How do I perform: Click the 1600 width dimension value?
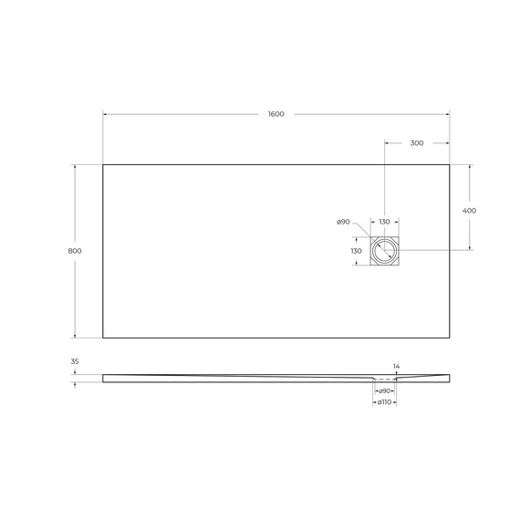point(276,114)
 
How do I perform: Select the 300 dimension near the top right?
point(416,143)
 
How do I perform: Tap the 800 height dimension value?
point(75,251)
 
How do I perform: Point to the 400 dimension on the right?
point(470,210)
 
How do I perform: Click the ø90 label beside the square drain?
point(343,222)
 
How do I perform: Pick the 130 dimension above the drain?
point(384,222)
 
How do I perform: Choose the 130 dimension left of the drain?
point(357,250)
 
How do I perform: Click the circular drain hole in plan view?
point(384,250)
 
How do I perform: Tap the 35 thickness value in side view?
point(75,362)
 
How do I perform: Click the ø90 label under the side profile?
point(385,390)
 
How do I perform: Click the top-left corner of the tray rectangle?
point(103,164)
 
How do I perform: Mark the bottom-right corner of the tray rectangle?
point(450,338)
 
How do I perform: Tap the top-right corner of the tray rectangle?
point(450,164)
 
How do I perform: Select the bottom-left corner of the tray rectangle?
point(103,338)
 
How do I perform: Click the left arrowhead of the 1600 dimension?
point(105,114)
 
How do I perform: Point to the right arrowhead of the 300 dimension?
point(447,143)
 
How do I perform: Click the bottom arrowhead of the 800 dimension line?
point(75,336)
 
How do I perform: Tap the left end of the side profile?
point(104,376)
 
